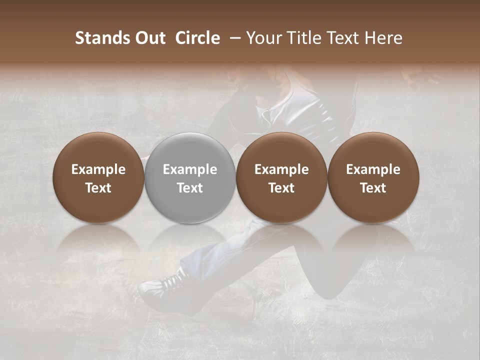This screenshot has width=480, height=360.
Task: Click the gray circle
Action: tap(190, 178)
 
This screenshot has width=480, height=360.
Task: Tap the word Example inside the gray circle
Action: tap(190, 169)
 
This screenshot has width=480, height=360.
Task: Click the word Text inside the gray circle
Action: tap(190, 188)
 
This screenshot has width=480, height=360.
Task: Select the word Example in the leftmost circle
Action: tap(98, 169)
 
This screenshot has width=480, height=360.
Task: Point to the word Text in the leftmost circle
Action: tap(98, 188)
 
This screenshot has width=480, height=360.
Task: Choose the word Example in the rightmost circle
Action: tap(373, 169)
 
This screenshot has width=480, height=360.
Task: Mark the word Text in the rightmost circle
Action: tap(373, 188)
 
